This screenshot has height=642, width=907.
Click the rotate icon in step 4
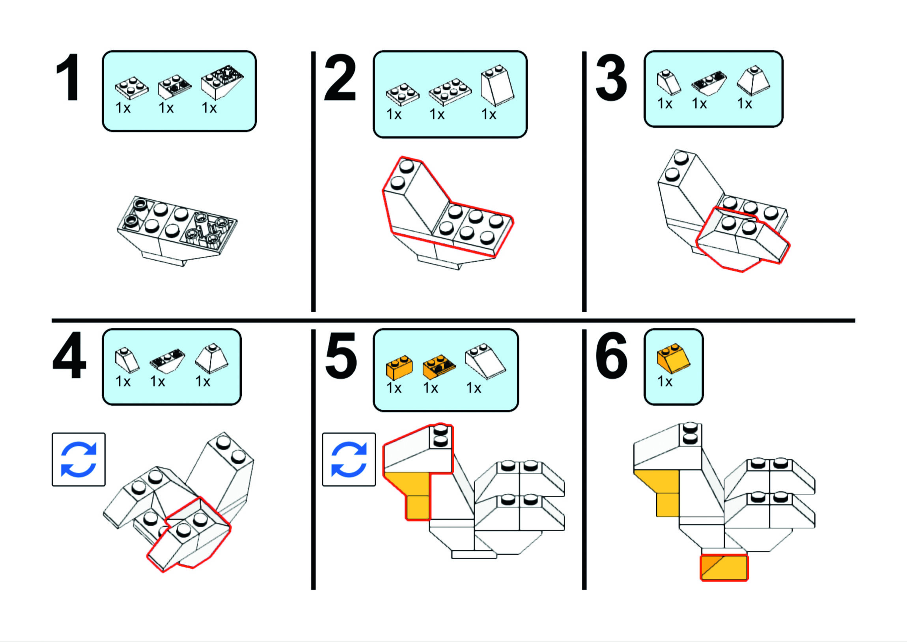pos(78,459)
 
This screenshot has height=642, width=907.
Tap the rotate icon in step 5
pos(349,459)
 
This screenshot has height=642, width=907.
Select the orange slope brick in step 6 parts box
pos(673,358)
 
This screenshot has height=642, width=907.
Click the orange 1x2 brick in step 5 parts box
pos(399,367)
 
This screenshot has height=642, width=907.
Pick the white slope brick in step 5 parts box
pos(485,360)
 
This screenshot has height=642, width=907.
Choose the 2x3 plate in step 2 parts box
pos(450,92)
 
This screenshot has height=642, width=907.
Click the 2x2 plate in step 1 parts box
pos(132,88)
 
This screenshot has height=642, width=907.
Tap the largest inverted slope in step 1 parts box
pos(221,82)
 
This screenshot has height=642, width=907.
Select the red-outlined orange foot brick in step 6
pos(724,568)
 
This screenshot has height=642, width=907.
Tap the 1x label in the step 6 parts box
pos(665,381)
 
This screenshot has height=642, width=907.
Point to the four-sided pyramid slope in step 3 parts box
pos(753,80)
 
